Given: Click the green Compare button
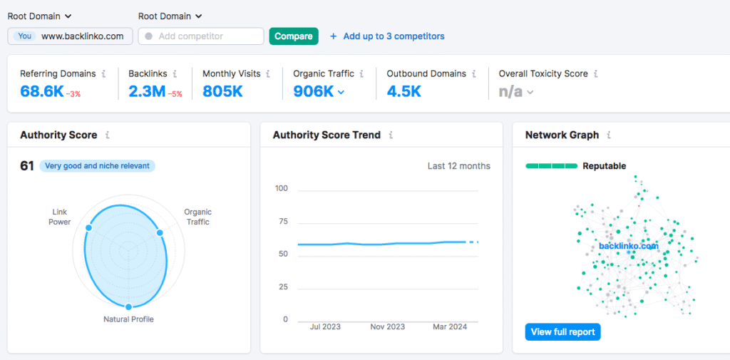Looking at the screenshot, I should [293, 36].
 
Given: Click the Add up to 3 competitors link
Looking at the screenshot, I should [394, 36].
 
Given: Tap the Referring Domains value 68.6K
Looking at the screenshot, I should [41, 91].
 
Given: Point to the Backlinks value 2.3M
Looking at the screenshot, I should [146, 91].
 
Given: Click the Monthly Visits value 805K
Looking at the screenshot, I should [222, 91].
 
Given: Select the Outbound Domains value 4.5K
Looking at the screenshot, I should [403, 91].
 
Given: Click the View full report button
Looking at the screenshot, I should [562, 331].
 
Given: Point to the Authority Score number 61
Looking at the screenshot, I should [27, 166].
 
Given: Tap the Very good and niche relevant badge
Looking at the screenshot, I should [97, 166].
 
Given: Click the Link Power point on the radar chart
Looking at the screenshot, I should [88, 228].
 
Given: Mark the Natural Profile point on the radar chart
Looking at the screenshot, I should [128, 307].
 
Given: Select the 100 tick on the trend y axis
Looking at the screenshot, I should [281, 188].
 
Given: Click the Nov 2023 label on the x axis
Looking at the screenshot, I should [387, 326].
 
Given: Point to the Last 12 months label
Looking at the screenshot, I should [458, 166].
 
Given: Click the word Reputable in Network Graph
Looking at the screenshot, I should [604, 166].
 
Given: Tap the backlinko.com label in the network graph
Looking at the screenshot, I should [628, 246].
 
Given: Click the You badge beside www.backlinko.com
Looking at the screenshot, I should [25, 36].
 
